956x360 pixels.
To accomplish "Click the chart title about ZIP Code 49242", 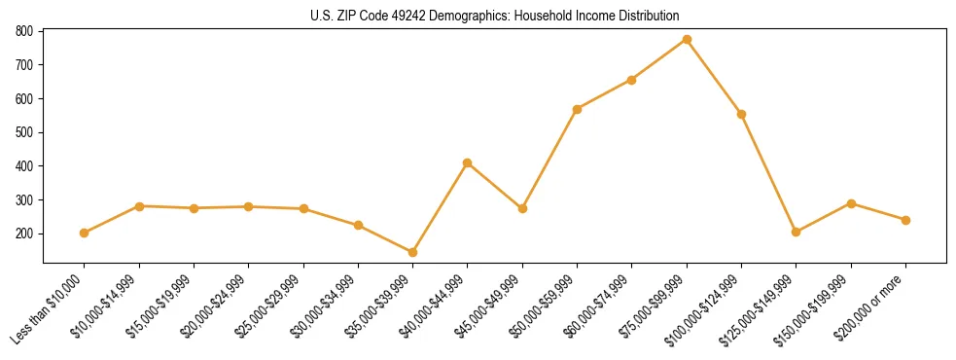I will click(494, 16).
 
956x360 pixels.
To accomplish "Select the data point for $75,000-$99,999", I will click(687, 40).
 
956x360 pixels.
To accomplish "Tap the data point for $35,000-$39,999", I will click(413, 253).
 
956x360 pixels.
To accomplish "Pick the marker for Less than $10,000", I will click(85, 233).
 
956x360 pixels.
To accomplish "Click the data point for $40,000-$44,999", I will click(468, 162).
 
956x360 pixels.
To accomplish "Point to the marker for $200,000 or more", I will click(905, 220).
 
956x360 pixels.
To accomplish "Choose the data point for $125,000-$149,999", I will click(797, 232).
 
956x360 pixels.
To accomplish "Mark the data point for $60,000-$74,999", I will click(632, 80).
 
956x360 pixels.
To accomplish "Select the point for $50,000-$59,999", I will click(578, 109).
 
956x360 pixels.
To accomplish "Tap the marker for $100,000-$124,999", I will click(741, 114).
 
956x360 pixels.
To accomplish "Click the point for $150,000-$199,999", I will click(851, 203).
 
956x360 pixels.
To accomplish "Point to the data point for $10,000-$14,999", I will click(139, 206).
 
